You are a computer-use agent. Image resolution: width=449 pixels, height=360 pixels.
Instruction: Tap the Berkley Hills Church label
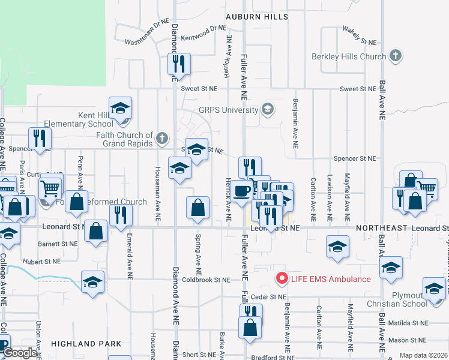pos(349,57)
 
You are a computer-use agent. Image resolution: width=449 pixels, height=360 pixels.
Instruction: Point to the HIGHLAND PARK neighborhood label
pos(86,344)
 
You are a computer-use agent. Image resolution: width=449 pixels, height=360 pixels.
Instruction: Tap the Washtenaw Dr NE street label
pos(148,41)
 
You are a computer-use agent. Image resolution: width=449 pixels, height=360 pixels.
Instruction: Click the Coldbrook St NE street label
pos(206,280)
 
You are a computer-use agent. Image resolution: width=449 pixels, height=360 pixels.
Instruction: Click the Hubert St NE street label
pos(42,262)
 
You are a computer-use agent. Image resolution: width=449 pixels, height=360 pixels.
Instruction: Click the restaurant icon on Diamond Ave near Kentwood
pos(179,64)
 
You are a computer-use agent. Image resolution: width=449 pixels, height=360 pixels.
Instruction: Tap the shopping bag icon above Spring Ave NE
pos(197,208)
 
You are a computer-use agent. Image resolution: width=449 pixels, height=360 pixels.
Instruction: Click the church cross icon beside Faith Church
pos(161,139)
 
